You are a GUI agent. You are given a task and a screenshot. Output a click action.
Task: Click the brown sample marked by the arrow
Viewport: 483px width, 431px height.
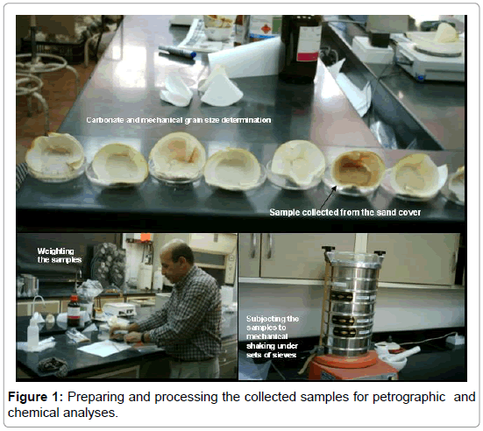point(358,170)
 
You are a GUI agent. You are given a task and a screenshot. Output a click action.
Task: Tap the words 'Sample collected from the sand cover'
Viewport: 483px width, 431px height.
point(345,212)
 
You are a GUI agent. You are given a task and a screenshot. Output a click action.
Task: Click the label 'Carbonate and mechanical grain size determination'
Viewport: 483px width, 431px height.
point(179,120)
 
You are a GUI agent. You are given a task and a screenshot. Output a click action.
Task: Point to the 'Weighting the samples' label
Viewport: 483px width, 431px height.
point(60,255)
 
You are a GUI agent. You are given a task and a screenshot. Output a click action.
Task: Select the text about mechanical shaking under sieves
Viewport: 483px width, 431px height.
point(273,336)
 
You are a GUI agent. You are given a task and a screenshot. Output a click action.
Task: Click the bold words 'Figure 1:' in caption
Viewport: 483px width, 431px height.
point(35,397)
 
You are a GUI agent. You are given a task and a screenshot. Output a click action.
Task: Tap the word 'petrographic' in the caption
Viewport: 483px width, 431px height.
point(408,397)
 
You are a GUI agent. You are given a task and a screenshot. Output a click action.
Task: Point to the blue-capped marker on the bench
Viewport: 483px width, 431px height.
point(177,52)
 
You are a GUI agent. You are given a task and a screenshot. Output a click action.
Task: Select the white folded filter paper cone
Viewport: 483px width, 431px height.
point(219,87)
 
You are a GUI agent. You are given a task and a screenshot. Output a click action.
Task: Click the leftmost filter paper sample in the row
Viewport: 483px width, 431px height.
point(55,157)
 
